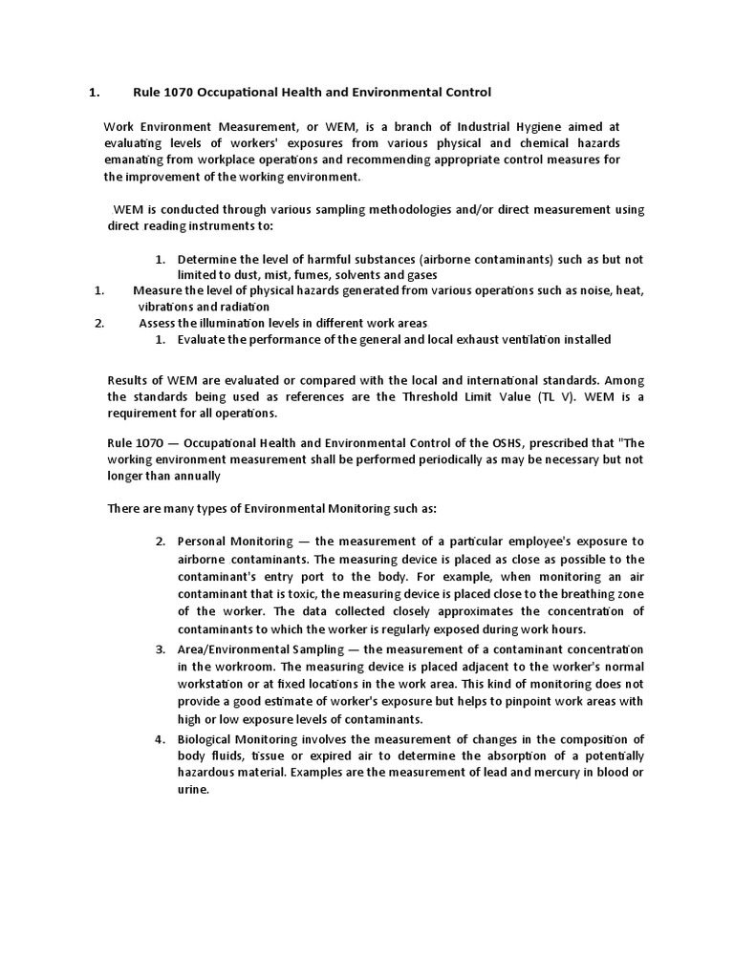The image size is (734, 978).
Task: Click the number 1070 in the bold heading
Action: tap(178, 93)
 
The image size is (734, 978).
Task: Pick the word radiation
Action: tap(242, 307)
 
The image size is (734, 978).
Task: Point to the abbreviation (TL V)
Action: tap(546, 397)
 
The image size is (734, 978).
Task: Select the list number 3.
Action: tap(161, 649)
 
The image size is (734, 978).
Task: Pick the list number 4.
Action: tap(161, 739)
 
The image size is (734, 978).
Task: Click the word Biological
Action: tap(209, 739)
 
